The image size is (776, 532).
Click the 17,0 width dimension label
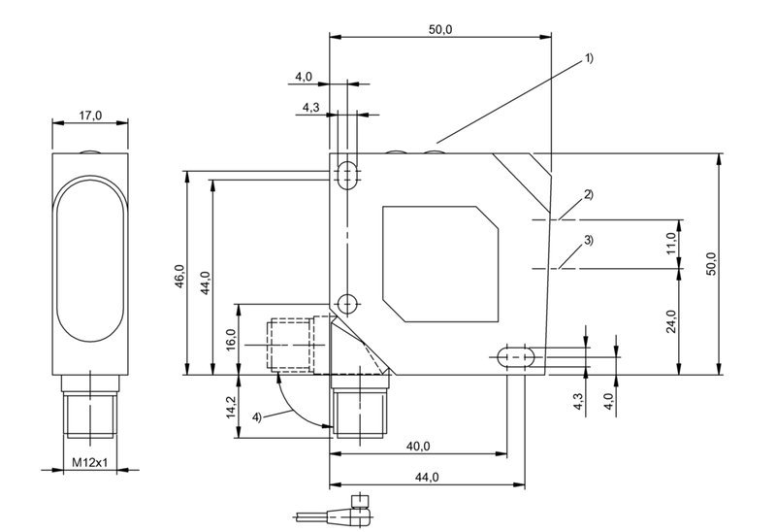point(89,116)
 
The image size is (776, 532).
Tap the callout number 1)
point(589,58)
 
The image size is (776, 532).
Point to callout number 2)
point(588,194)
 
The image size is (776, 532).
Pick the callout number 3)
point(588,240)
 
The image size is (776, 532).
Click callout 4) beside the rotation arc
point(257,416)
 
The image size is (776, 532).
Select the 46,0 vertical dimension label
point(178,276)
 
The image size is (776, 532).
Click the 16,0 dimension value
point(230,340)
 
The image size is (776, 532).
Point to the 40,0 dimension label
point(419,446)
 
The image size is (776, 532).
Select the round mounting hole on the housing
point(347,303)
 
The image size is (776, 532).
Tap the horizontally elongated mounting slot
point(516,356)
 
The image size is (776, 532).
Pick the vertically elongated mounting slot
point(347,175)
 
